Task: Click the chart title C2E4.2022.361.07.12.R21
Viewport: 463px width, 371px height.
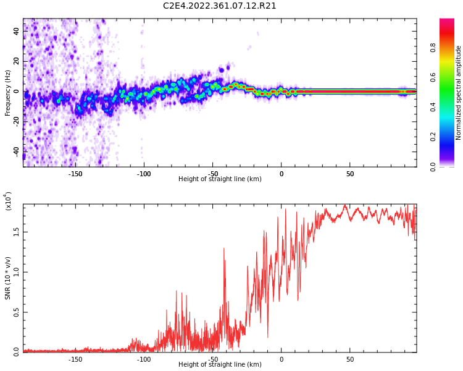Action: [x=220, y=6]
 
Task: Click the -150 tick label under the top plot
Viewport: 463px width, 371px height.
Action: [x=75, y=174]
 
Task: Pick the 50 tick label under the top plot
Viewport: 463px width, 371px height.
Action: [x=350, y=174]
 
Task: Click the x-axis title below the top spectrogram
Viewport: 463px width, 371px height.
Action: [x=220, y=179]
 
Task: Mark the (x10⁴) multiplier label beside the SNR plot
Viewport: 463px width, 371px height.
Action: [x=9, y=201]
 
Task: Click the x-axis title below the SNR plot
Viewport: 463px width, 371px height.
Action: [x=220, y=365]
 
